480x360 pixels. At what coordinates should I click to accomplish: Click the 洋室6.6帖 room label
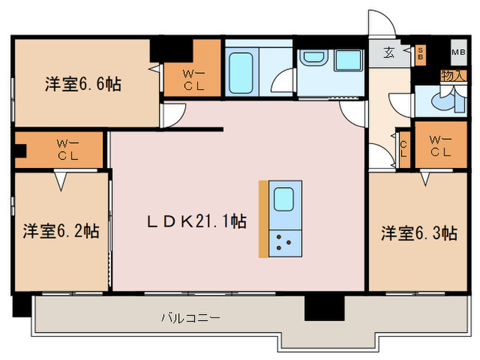pos(84,84)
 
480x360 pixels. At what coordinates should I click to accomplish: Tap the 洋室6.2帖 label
pos(61,230)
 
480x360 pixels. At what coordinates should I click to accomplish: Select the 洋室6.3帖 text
pos(419,233)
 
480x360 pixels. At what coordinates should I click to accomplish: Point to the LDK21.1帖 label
pos(197,221)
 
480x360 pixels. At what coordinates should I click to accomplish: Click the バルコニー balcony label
pos(190,318)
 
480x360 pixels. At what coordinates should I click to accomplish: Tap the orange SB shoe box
pos(420,53)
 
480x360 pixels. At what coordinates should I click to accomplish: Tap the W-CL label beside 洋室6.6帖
pos(192,79)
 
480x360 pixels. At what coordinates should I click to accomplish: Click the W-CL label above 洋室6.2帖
pos(67,149)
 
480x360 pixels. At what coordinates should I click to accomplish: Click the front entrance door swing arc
pos(381,23)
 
